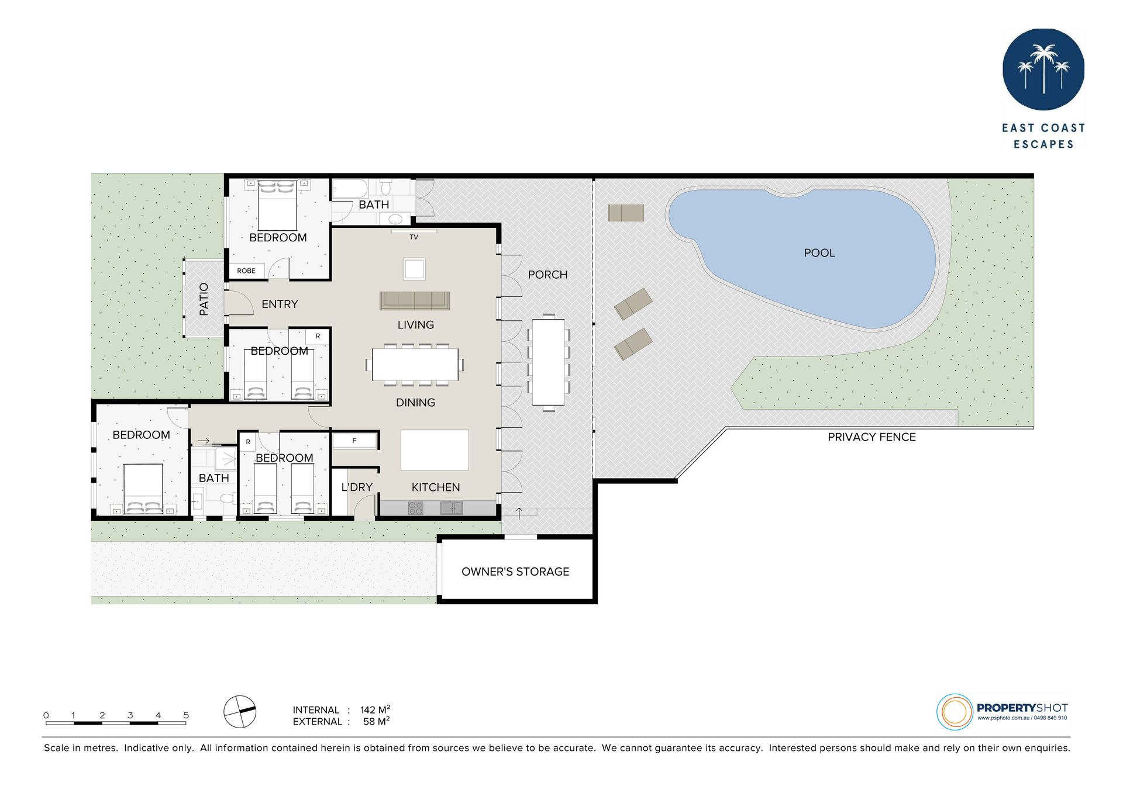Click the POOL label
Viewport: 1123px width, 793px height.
[x=819, y=253]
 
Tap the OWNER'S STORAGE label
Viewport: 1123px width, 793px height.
[x=515, y=572]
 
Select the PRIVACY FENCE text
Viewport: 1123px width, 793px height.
[x=871, y=437]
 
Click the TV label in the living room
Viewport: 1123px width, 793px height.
[x=414, y=237]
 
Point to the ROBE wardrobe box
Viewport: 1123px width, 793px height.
[x=246, y=271]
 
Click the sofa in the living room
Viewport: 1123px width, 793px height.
[x=415, y=300]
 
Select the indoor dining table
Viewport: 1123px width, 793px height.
[x=415, y=365]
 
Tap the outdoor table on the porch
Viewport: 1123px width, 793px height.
[x=549, y=362]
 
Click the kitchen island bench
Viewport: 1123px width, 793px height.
[x=435, y=450]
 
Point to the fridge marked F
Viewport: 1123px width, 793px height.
[x=354, y=441]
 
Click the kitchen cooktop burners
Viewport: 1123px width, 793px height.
[x=416, y=508]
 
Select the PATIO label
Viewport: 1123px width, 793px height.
[x=204, y=299]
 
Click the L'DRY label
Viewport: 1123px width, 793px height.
[x=357, y=487]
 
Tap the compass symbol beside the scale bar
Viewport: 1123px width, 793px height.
[x=240, y=712]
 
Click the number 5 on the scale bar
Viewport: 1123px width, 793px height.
[x=186, y=715]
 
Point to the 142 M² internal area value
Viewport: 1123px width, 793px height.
[x=375, y=709]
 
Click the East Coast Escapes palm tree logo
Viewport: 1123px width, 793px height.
[x=1043, y=70]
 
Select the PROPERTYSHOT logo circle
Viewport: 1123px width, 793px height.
[x=955, y=712]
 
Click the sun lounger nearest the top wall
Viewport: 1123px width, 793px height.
[x=626, y=213]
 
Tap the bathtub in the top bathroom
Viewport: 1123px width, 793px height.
[x=350, y=189]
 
